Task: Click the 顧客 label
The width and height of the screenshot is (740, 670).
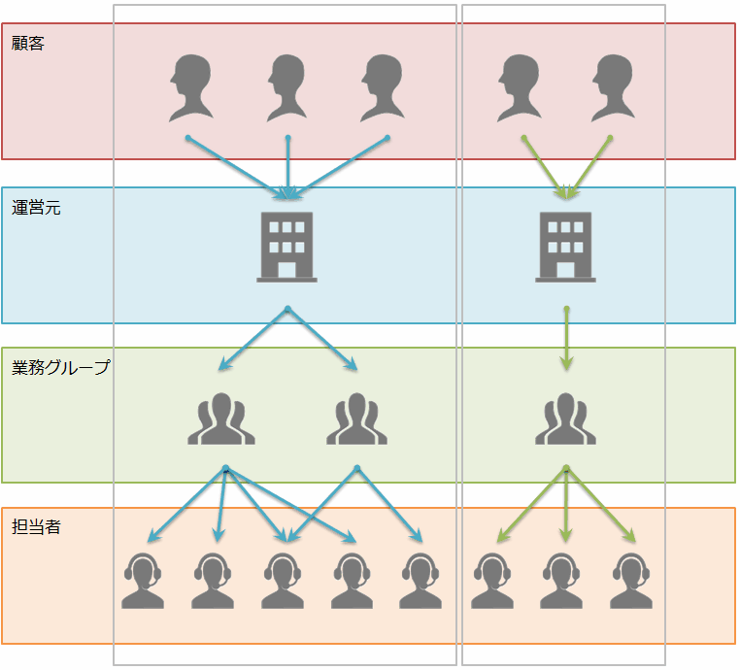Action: click(x=28, y=44)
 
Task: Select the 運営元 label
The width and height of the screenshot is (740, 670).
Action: click(x=36, y=207)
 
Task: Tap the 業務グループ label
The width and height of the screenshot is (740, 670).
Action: click(x=60, y=368)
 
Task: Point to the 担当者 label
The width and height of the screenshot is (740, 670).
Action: click(x=36, y=527)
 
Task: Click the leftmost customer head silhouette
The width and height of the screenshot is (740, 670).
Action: click(x=190, y=87)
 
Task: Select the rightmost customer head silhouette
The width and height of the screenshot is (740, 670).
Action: click(x=614, y=87)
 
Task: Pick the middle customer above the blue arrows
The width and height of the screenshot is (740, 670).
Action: click(x=287, y=87)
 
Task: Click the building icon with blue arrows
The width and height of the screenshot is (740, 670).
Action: click(x=286, y=247)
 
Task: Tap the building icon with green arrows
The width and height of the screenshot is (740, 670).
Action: click(x=565, y=247)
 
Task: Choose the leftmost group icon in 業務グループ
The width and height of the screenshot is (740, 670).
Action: click(x=221, y=419)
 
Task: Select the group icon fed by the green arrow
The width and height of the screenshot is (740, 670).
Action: click(x=566, y=419)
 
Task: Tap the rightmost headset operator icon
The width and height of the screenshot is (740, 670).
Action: click(x=632, y=581)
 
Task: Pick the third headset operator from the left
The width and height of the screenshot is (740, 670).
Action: click(x=282, y=581)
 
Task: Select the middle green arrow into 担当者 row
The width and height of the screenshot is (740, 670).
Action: click(x=566, y=505)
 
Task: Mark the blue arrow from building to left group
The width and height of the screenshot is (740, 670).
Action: click(x=254, y=339)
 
